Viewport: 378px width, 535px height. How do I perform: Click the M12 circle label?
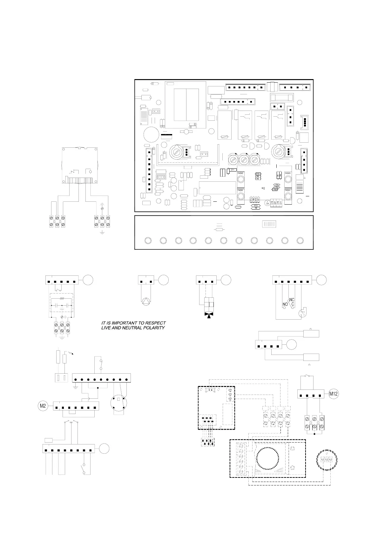pos(333,394)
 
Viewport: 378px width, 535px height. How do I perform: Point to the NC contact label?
pos(292,300)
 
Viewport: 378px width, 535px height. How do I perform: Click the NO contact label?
pos(285,304)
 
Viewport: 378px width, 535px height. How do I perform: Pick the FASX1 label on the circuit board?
pos(240,190)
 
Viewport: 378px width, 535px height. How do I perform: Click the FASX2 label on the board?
pos(240,173)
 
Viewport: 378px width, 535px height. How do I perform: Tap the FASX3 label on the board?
pos(288,173)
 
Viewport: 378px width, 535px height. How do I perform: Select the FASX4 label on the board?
pos(288,190)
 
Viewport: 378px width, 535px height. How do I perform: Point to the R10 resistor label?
pos(255,206)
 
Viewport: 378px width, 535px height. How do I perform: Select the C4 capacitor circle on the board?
pos(268,202)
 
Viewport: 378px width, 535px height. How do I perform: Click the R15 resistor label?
pos(258,174)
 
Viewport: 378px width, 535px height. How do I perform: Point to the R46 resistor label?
pos(277,185)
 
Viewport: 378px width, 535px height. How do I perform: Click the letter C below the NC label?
pos(293,304)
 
